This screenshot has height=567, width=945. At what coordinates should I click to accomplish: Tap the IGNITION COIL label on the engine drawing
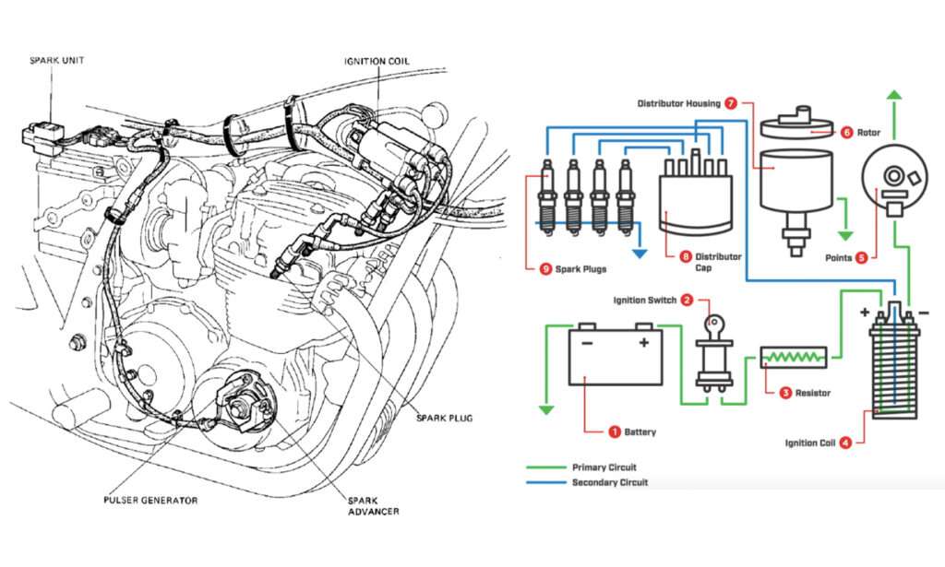pyautogui.click(x=377, y=62)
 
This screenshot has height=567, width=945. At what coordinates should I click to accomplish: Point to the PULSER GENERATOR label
pyautogui.click(x=150, y=501)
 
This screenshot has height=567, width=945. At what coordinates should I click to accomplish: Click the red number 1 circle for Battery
pyautogui.click(x=614, y=431)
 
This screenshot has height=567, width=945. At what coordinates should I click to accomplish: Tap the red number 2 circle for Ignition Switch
pyautogui.click(x=687, y=300)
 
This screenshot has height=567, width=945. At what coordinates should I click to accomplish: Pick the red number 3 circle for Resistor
pyautogui.click(x=785, y=393)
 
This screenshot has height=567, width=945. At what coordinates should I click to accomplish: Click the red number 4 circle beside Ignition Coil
pyautogui.click(x=846, y=443)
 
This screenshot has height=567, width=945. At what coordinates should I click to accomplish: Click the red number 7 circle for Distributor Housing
pyautogui.click(x=731, y=103)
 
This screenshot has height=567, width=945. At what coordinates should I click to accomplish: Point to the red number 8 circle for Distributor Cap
pyautogui.click(x=685, y=257)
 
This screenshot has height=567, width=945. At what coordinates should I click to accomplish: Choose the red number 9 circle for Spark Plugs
pyautogui.click(x=545, y=269)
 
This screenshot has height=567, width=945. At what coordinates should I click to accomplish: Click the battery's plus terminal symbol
pyautogui.click(x=642, y=342)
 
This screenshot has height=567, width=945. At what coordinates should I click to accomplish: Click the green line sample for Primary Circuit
pyautogui.click(x=545, y=467)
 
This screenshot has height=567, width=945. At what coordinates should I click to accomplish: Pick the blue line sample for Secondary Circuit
pyautogui.click(x=545, y=482)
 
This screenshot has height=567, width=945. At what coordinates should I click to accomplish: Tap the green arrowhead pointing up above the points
pyautogui.click(x=894, y=97)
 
